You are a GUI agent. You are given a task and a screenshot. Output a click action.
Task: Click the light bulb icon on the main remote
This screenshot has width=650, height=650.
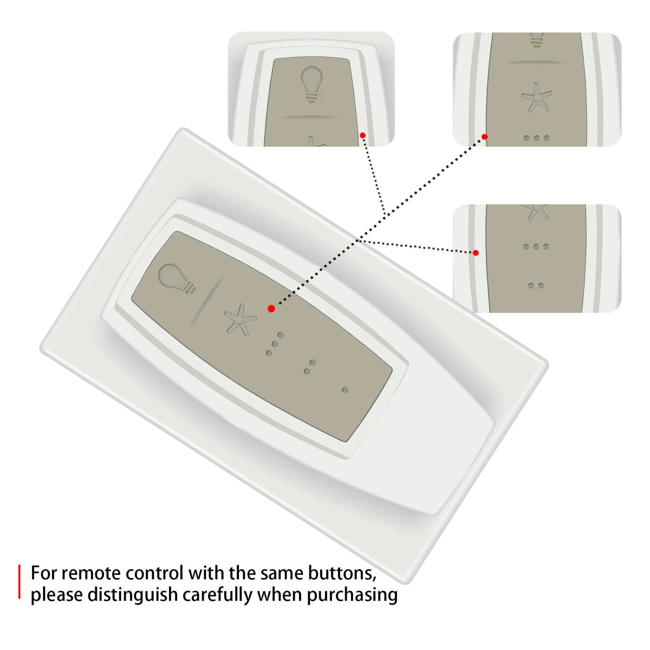pyautogui.click(x=176, y=278)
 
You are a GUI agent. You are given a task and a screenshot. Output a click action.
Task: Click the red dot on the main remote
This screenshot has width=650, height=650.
pyautogui.click(x=271, y=309)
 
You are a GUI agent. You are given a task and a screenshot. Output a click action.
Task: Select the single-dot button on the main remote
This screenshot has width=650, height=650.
pyautogui.click(x=344, y=390)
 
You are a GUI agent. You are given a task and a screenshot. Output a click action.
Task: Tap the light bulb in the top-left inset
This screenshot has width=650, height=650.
pyautogui.click(x=311, y=84)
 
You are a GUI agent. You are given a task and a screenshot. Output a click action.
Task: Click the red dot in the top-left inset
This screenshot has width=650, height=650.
pyautogui.click(x=362, y=135)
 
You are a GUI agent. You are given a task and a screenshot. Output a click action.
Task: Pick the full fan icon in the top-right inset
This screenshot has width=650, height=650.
pyautogui.click(x=537, y=97)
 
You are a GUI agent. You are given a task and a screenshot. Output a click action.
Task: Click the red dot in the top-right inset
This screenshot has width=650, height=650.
pyautogui.click(x=485, y=136)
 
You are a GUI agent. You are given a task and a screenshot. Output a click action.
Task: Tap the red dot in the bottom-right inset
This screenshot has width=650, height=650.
pyautogui.click(x=476, y=252)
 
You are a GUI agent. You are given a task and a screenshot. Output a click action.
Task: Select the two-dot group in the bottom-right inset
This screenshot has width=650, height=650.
pyautogui.click(x=536, y=285)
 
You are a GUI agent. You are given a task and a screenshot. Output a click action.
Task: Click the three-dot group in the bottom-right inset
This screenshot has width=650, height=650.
pyautogui.click(x=536, y=246)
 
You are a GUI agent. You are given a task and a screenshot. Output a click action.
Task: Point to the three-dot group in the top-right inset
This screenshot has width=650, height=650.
pyautogui.click(x=537, y=138)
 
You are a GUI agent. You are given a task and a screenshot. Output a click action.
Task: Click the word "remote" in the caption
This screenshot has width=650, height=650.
pyautogui.click(x=92, y=573)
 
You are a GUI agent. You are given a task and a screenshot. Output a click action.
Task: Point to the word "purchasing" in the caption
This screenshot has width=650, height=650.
pyautogui.click(x=352, y=595)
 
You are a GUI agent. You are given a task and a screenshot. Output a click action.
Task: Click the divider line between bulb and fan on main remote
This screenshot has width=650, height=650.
pyautogui.click(x=206, y=301)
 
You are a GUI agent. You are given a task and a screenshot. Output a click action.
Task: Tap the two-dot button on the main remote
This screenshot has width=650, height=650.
pyautogui.click(x=310, y=367)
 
